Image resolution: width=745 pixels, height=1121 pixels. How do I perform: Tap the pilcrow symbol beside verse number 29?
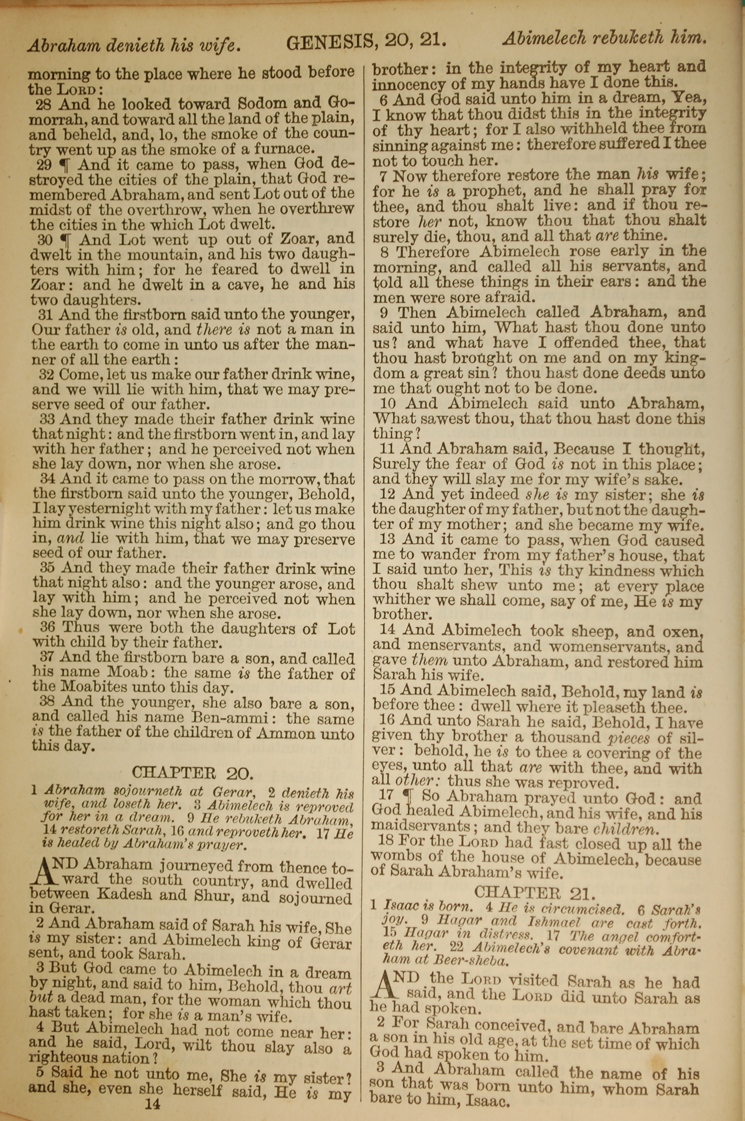click(x=66, y=164)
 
